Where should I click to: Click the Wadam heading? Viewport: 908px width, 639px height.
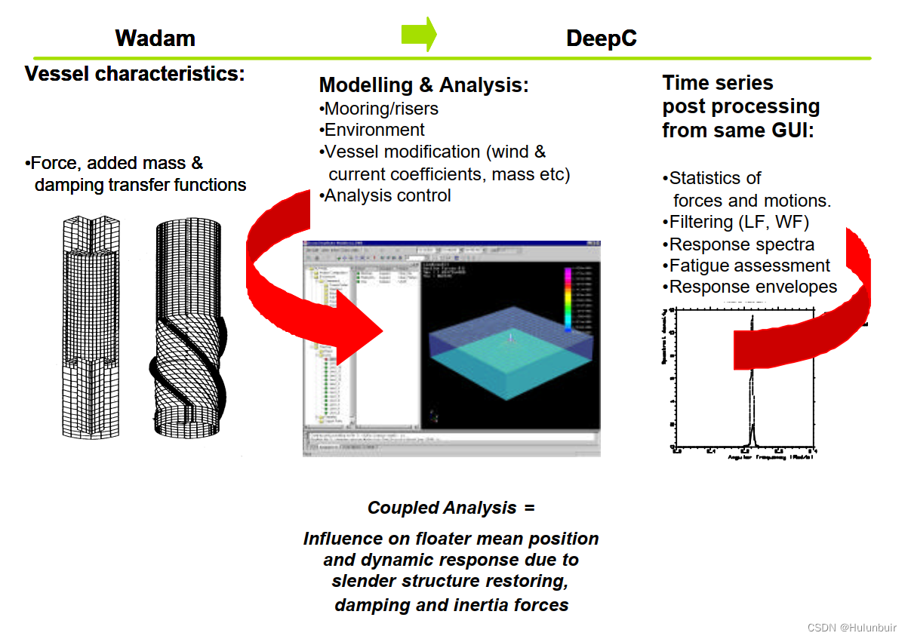[155, 38]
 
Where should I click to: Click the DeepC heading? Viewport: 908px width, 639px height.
[601, 38]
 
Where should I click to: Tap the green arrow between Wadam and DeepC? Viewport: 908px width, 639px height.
[419, 34]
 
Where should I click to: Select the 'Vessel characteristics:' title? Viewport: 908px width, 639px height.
[135, 74]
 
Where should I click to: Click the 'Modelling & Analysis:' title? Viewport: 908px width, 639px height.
[423, 84]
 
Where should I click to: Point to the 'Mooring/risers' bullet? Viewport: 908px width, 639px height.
[380, 108]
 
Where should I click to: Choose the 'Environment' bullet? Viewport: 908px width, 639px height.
[374, 130]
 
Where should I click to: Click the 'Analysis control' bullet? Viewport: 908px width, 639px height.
[386, 195]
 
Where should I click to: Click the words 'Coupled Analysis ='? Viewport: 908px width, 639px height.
[451, 508]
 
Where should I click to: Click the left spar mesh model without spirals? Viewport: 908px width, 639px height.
[90, 324]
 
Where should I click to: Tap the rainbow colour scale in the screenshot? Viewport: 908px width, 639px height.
[567, 298]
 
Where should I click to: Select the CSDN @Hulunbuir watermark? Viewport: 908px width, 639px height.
[851, 628]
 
